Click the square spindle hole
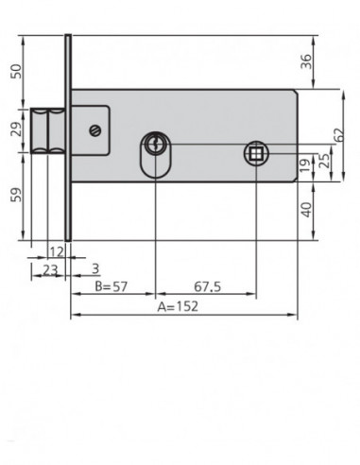click(252, 153)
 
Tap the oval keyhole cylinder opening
click(154, 152)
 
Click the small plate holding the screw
click(94, 130)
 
